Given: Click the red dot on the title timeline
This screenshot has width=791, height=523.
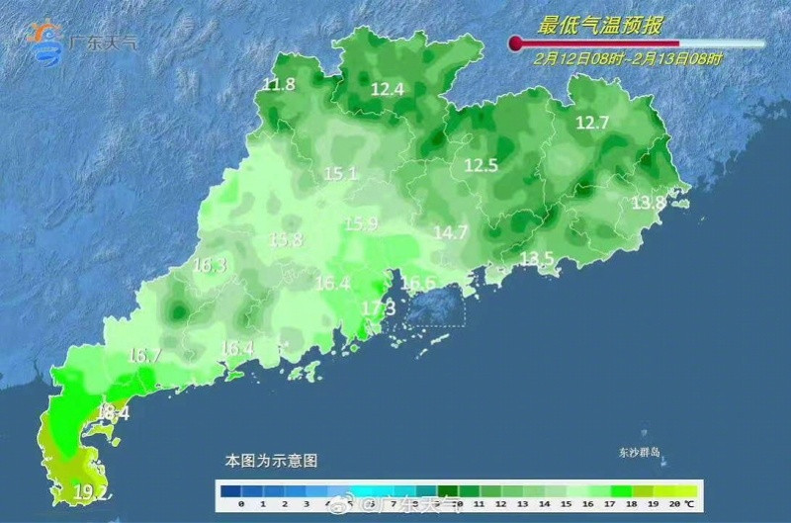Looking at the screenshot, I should pos(515,43).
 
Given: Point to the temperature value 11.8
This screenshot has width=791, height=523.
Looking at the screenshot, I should pos(279,84).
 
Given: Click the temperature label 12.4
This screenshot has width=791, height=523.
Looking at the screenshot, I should pos(387,89).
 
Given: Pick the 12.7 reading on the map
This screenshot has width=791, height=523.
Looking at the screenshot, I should pos(592,123).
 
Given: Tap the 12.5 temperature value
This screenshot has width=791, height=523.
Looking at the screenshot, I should pos(482,165).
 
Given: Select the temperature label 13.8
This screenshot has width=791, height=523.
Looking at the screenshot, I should pos(648,203).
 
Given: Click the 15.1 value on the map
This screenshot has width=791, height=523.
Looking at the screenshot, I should pos(339,174).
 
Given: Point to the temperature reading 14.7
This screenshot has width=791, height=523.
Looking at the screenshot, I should pos(450,232).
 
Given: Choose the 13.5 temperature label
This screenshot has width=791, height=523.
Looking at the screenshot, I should pos(537,259).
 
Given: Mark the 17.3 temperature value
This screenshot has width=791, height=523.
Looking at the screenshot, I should pos(378,308).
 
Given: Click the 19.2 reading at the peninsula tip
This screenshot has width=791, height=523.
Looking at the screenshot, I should pos(91,490).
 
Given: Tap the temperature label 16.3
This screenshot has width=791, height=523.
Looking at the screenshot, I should pos(209,265).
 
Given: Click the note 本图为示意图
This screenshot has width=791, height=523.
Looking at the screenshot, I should pos(271,461).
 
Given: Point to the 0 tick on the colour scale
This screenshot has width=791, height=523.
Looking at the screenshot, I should pos(240,505).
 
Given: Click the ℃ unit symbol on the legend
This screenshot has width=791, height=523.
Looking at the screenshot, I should pos(690,505).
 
